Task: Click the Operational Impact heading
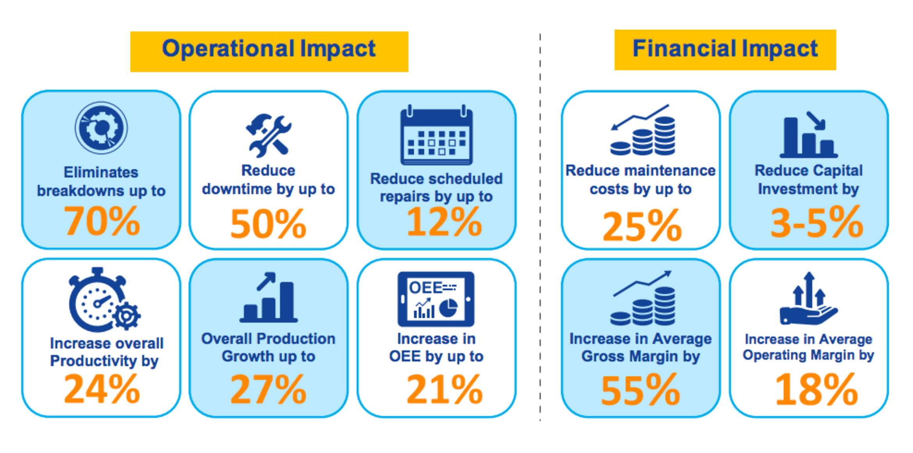269,50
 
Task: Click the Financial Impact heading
725,49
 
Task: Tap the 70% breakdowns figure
102,221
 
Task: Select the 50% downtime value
268,224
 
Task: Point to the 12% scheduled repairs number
444,222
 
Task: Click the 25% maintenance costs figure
642,226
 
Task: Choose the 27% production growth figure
268,389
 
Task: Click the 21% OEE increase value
444,389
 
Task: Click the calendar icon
436,136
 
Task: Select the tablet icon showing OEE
436,299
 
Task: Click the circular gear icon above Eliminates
101,128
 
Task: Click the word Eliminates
101,172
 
